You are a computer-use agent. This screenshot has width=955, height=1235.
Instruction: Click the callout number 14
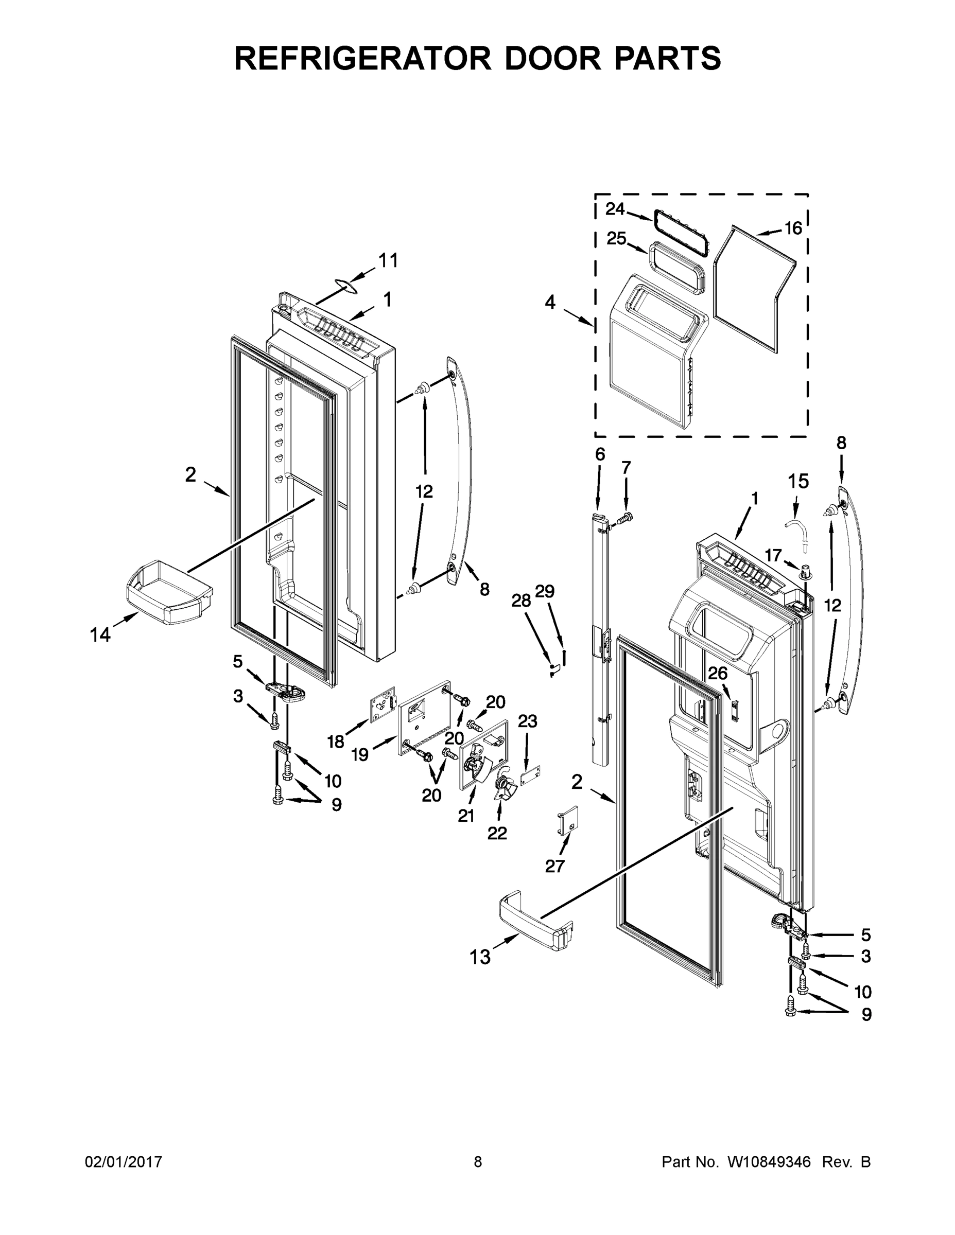(100, 635)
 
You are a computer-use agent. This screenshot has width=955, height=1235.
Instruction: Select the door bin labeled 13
(534, 922)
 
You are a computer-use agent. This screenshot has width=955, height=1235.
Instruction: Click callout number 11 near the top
(388, 261)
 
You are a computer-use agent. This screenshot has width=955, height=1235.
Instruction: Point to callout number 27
(555, 866)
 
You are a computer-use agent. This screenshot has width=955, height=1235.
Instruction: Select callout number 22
(497, 833)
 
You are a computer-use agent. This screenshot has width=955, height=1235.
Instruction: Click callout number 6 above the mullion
(600, 454)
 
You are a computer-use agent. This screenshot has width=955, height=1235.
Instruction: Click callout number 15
(798, 481)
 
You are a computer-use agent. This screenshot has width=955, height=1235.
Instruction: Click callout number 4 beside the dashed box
(550, 303)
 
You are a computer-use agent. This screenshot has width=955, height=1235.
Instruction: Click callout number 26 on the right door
(717, 673)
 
